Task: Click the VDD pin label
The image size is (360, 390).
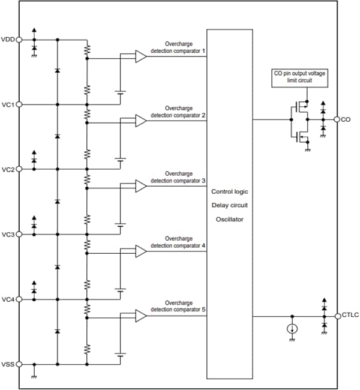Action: pos(8,40)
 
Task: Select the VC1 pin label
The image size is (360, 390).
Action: pos(8,104)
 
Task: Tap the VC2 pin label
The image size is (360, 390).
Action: pos(8,169)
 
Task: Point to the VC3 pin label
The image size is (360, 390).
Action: pos(8,234)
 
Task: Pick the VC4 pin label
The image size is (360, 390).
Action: pos(8,299)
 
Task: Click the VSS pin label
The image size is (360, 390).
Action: pos(8,364)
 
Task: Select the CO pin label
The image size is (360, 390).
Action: pos(346,119)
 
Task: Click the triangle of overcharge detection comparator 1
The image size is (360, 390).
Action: pos(140,56)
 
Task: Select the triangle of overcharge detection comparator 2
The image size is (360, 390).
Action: pos(140,121)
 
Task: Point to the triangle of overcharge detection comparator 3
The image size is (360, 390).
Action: pos(140,186)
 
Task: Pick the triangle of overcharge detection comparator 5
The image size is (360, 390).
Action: pos(140,316)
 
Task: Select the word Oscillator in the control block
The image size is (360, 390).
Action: pos(229,219)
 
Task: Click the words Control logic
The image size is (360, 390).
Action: pos(229,191)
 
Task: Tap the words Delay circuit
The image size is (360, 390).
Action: pos(229,205)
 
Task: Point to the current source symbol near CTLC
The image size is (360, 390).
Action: pos(292,329)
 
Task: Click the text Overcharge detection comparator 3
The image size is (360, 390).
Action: pos(178,177)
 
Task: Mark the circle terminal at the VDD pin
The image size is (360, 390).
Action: pos(19,40)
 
